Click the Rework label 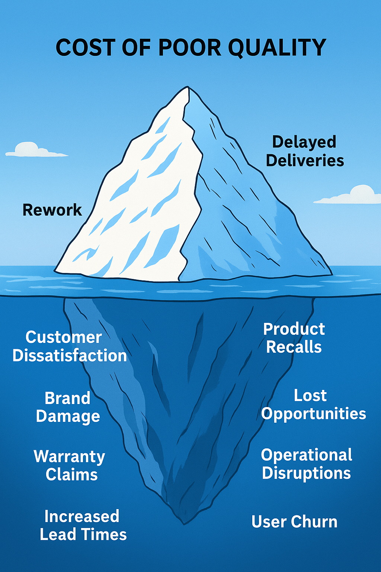coord(52,210)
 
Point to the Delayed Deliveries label coord(305,151)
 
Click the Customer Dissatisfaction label coord(70,346)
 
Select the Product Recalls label coord(294,338)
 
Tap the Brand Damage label coord(68,407)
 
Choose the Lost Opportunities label coord(313,405)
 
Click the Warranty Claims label coord(70,465)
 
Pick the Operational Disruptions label coord(307,464)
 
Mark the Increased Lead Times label coord(83,525)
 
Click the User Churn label coord(294,522)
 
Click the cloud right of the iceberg coord(350,196)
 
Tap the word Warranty coord(70,457)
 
